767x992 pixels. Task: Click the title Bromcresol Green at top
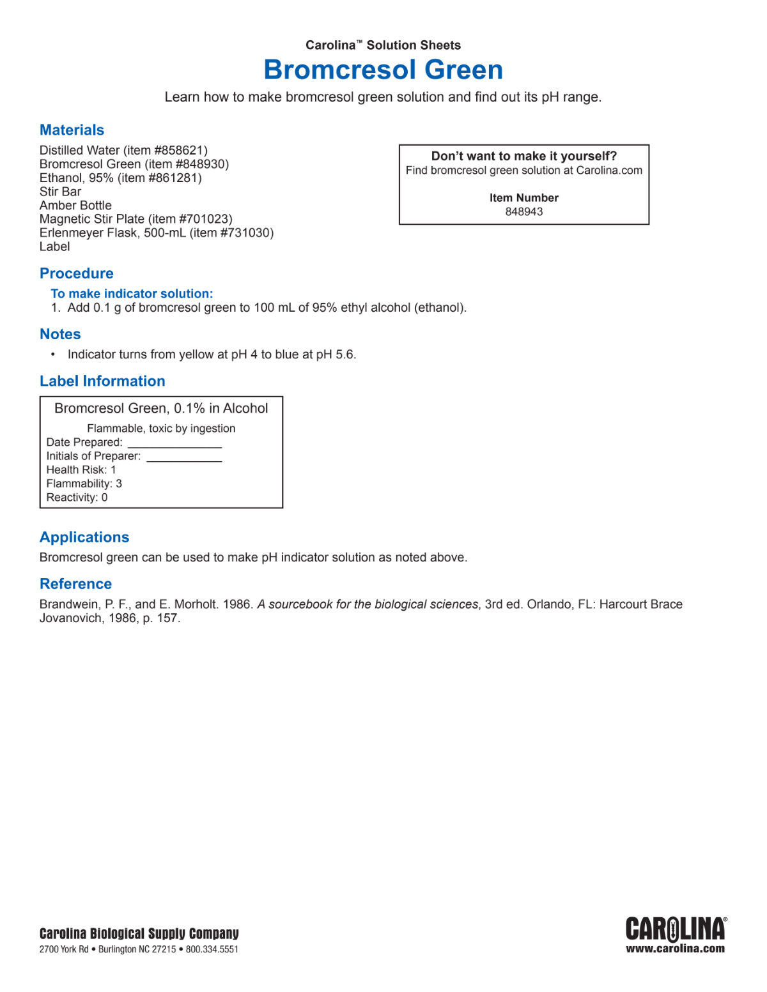click(383, 70)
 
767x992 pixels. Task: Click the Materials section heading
click(72, 130)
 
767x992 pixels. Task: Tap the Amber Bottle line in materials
click(75, 206)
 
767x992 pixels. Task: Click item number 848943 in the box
click(523, 212)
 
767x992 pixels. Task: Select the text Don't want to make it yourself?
click(523, 156)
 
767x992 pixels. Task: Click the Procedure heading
click(76, 273)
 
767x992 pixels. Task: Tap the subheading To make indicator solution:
click(132, 294)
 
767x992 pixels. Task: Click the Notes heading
click(60, 334)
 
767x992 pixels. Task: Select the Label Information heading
click(102, 381)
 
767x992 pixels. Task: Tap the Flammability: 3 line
click(84, 484)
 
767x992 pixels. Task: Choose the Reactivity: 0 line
click(77, 498)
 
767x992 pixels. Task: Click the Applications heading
click(84, 537)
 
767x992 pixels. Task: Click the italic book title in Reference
click(368, 604)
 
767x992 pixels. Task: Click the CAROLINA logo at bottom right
click(675, 929)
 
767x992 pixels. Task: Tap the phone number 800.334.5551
click(212, 949)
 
